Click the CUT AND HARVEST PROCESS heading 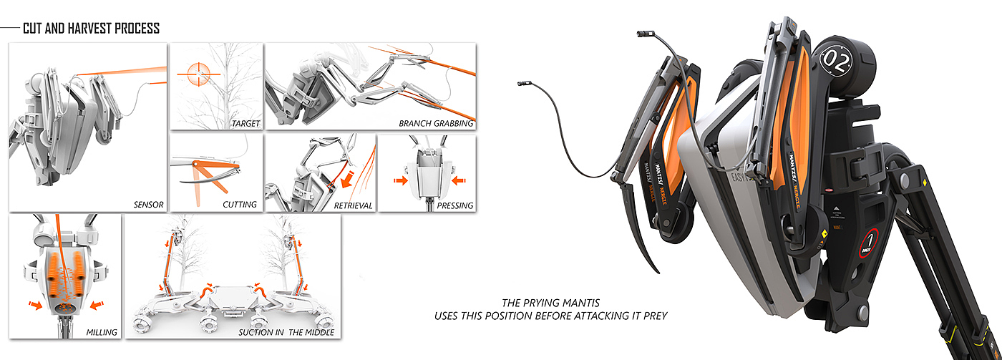[91, 29]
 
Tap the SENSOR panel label [149, 205]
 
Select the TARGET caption [245, 124]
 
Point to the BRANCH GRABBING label [436, 124]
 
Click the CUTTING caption [240, 205]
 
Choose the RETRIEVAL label [353, 205]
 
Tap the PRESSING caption [455, 205]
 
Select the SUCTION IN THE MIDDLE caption [286, 332]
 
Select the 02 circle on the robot [835, 57]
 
